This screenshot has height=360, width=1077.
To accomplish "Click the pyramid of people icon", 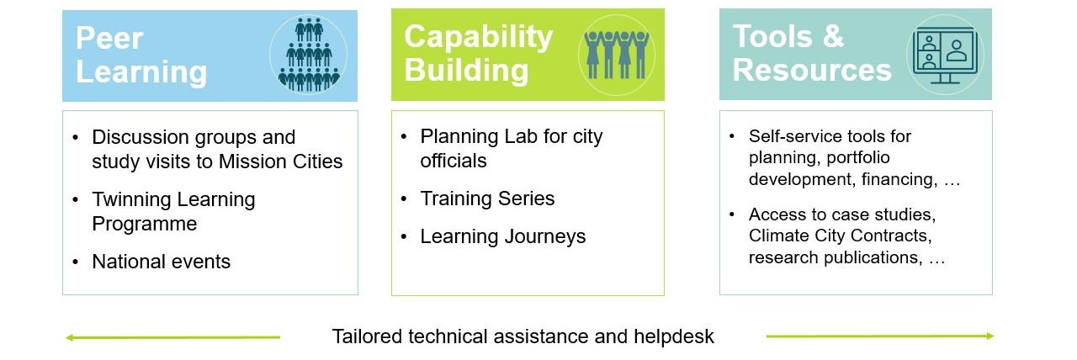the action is (309, 55).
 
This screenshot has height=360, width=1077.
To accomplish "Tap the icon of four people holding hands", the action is (617, 55).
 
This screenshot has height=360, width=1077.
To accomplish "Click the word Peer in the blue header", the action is (109, 38).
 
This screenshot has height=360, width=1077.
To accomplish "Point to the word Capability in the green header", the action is (479, 37).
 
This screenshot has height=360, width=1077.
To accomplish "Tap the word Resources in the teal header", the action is (812, 70).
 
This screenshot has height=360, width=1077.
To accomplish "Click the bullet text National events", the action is (161, 262).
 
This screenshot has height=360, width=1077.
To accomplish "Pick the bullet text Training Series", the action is (487, 199).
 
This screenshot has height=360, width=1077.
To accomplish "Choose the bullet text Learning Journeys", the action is (503, 237).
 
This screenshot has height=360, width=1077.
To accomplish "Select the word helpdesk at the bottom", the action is (674, 336).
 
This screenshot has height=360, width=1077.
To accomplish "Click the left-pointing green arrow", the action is (172, 337).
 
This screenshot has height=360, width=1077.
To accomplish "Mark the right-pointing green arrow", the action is (880, 336).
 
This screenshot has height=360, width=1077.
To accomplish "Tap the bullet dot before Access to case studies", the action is (732, 214).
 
